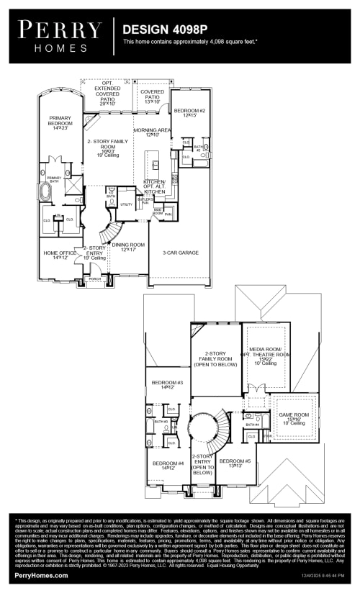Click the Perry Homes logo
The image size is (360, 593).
click(x=60, y=35)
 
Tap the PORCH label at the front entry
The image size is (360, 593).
click(x=95, y=279)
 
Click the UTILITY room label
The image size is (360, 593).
click(x=126, y=204)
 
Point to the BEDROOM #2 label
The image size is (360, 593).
click(x=189, y=112)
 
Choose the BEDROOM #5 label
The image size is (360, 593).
click(x=235, y=462)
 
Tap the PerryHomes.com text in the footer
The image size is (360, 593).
click(x=42, y=576)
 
